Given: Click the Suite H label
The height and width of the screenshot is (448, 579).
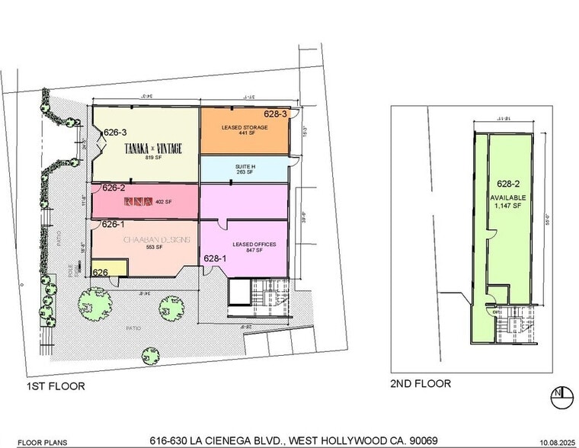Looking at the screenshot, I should click(244, 167).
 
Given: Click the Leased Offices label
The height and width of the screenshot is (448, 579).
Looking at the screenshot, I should click(244, 245).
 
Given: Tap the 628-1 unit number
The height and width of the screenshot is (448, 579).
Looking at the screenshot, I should click(214, 259).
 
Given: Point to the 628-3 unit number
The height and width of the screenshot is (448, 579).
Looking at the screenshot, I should click(275, 114).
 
